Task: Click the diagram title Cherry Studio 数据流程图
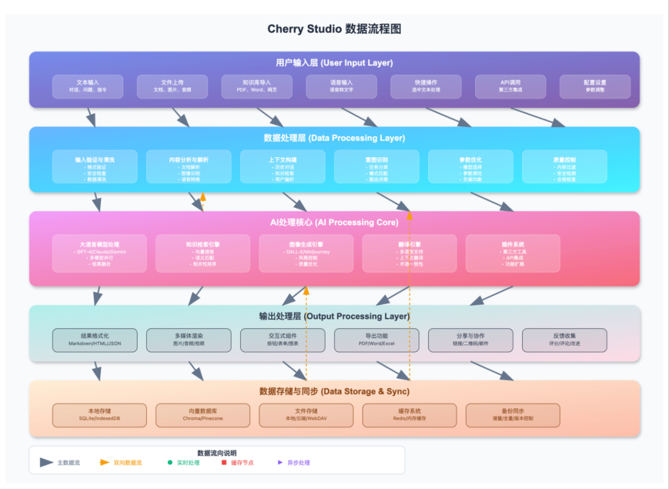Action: [334, 29]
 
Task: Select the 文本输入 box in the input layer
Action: [87, 86]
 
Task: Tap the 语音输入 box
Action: [341, 86]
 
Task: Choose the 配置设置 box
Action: [595, 86]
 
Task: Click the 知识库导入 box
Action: [256, 86]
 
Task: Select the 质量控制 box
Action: [564, 167]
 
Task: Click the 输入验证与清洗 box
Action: [95, 167]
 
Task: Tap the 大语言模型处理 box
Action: [99, 253]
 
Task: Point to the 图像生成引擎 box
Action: [306, 253]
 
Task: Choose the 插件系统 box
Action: [512, 253]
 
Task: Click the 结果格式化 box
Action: [95, 339]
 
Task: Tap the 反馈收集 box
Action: [564, 339]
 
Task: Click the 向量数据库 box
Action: [203, 415]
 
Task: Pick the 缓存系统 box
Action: [409, 415]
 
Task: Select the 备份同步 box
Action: [512, 415]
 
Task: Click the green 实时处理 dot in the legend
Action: [170, 462]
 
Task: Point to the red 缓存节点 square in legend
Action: [224, 462]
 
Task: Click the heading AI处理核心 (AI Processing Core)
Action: [334, 222]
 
